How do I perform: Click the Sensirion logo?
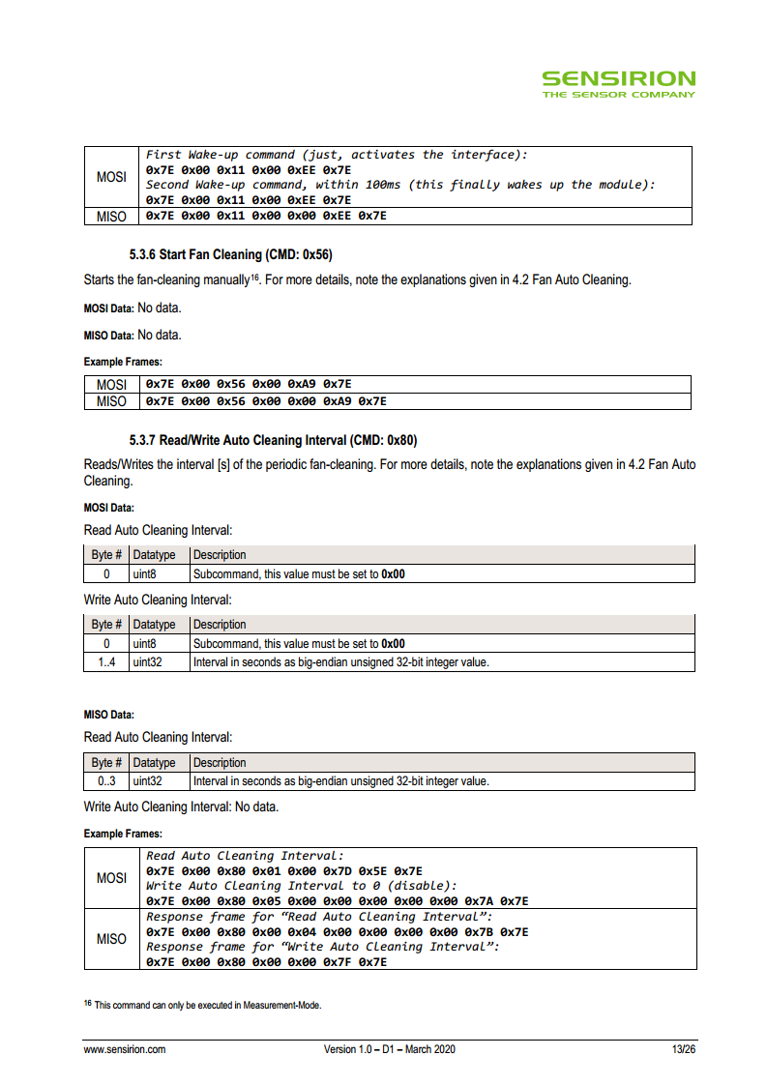click(618, 83)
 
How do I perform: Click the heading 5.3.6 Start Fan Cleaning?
click(231, 255)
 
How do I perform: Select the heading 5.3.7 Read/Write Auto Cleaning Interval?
click(274, 440)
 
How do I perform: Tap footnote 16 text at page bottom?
click(202, 1006)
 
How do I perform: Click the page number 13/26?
click(684, 1049)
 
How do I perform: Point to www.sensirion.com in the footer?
click(125, 1049)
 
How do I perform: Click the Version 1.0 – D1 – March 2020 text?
click(390, 1049)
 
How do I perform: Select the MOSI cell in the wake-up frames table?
click(111, 177)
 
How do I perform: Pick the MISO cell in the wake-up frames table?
click(111, 217)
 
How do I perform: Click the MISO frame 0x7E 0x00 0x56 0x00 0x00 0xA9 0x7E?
click(266, 401)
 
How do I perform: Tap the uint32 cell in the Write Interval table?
click(148, 662)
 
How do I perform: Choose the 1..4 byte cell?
click(106, 662)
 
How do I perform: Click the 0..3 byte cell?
click(106, 781)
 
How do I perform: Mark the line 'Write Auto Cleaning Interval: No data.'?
click(181, 806)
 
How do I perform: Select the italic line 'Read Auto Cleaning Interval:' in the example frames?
click(245, 856)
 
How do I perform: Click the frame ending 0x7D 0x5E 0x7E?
click(283, 871)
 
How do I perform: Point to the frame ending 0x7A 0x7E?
click(337, 901)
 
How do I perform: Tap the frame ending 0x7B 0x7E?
click(337, 932)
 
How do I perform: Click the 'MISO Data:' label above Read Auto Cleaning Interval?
click(109, 715)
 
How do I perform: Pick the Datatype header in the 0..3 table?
click(155, 763)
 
